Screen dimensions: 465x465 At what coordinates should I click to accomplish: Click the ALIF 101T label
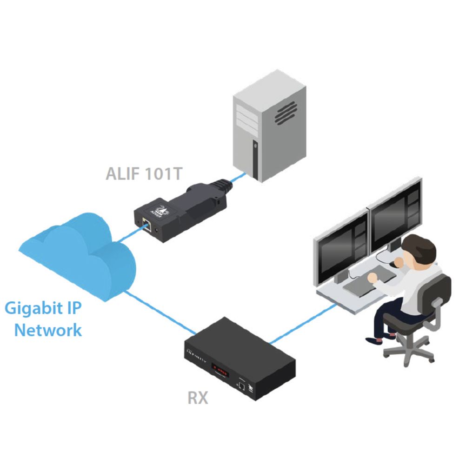pos(144,174)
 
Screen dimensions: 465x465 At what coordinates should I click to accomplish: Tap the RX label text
pos(198,398)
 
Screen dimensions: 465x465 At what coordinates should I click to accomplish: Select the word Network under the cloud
pos(48,330)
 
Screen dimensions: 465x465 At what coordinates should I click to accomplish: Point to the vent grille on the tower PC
pos(286,113)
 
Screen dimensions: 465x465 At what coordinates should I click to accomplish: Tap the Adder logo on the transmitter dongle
pos(160,210)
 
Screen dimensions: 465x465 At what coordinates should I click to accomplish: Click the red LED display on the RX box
pos(220,370)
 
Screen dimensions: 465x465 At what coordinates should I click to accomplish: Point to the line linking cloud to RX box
pos(160,312)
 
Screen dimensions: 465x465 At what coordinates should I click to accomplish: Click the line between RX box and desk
pos(303,324)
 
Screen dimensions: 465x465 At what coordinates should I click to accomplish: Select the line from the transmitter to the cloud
pos(132,234)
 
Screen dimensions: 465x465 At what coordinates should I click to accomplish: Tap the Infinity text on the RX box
pos(196,356)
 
